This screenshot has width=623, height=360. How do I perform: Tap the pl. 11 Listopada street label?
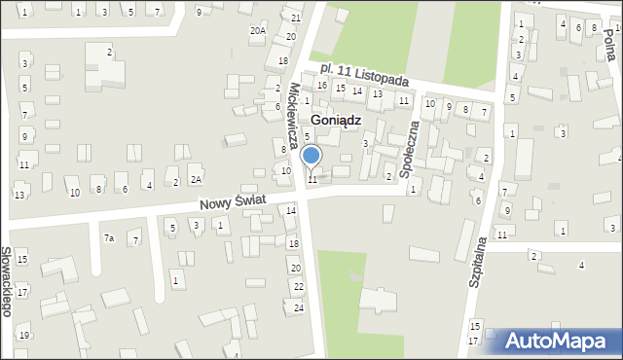[366, 75]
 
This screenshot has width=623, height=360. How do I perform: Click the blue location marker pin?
[311, 156]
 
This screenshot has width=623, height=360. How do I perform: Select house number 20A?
[257, 30]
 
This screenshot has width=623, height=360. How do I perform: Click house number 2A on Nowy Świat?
[196, 180]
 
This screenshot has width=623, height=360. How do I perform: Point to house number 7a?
[109, 238]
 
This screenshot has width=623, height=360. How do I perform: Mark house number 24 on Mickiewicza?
[299, 307]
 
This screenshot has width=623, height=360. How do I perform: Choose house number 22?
[299, 286]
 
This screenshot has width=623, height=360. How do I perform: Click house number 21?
[297, 18]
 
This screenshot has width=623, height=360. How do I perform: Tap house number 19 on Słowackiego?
[23, 335]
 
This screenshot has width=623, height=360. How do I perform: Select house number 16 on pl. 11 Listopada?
[321, 86]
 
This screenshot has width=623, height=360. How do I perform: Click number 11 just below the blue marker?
[312, 179]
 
